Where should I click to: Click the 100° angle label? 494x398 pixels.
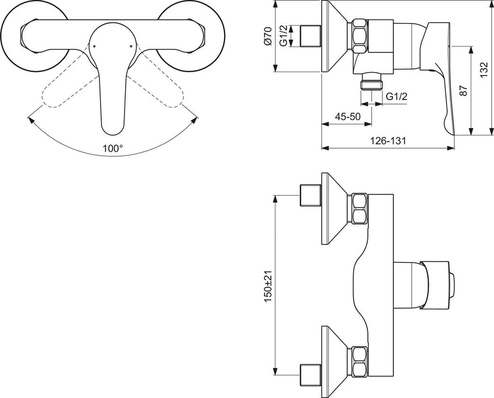(x=113, y=148)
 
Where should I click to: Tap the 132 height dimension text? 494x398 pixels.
(x=484, y=68)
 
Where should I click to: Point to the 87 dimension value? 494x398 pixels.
(x=463, y=90)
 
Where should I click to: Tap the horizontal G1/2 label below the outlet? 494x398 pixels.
(x=397, y=97)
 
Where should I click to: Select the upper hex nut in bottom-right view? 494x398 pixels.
(x=360, y=208)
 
